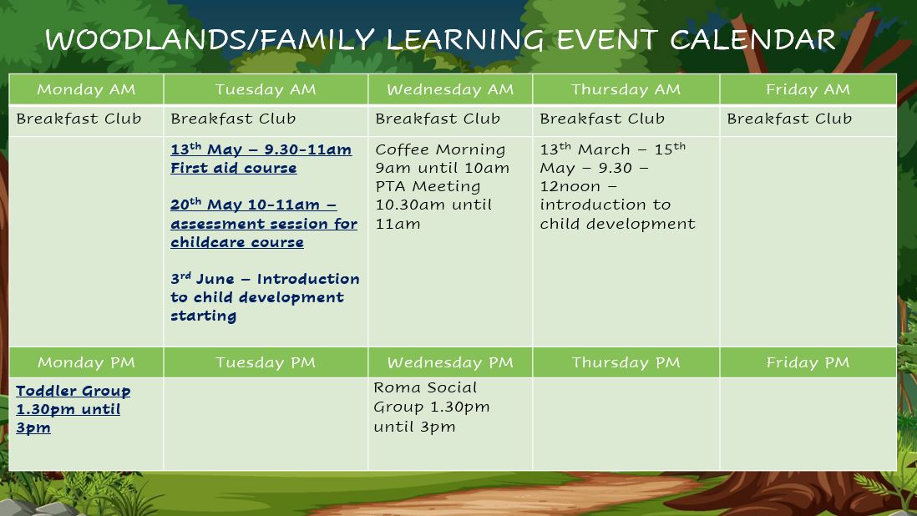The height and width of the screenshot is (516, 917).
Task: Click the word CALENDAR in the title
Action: coord(752,40)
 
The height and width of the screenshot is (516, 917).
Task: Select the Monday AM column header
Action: coord(86,89)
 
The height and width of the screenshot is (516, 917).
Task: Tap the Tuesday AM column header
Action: coord(266,89)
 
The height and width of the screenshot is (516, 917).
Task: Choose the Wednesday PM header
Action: coord(450,362)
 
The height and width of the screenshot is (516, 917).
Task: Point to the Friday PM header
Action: coord(808,362)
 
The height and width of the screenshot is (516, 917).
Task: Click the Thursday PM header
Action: coord(626,362)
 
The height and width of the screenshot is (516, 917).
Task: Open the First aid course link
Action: coord(234,169)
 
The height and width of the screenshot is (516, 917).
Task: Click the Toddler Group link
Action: coord(73,391)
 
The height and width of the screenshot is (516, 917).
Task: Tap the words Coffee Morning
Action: coord(440,149)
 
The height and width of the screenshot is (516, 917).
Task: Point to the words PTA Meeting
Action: coord(428,186)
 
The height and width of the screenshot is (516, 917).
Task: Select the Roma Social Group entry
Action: coord(432,407)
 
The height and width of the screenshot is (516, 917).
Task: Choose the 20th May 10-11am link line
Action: coord(254,205)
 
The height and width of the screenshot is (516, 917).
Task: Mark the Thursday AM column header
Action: coord(626,89)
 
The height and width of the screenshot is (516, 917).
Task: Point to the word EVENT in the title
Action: coord(606,40)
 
